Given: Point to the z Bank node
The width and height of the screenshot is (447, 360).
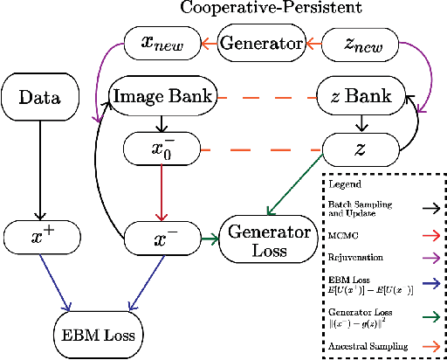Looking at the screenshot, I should pyautogui.click(x=362, y=96).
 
